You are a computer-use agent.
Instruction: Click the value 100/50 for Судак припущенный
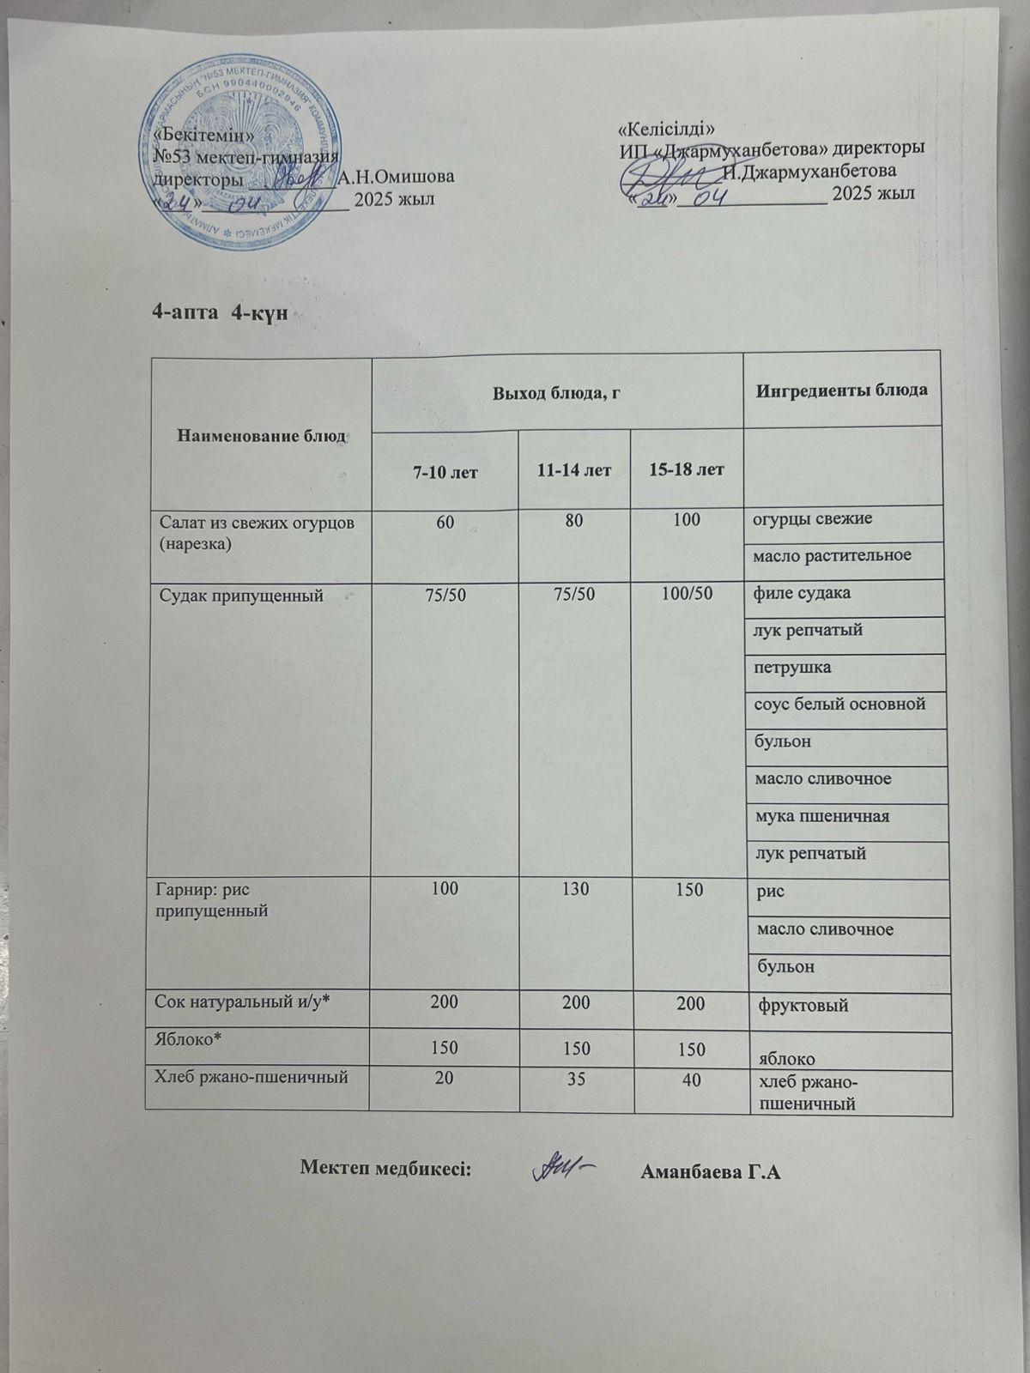[685, 593]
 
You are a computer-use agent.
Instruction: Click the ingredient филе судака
[802, 592]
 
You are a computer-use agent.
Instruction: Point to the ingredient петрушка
[792, 666]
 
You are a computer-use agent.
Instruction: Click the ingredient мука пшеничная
[821, 816]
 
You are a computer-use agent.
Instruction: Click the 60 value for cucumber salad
[445, 520]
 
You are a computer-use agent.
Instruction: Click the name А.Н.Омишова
[396, 178]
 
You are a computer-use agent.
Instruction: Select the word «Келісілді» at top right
[667, 130]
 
